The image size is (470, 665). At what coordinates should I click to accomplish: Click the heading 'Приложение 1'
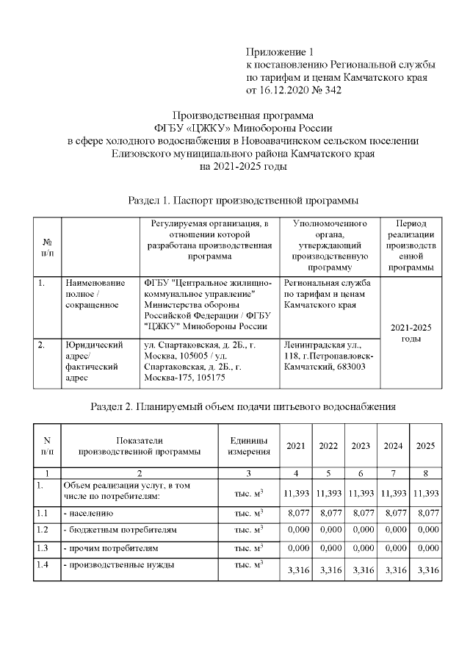(x=280, y=51)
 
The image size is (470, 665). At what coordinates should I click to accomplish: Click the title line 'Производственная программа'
(x=242, y=115)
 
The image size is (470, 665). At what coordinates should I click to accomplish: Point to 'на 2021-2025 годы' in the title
(x=243, y=166)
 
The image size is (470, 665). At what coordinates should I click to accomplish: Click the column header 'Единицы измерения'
(x=248, y=445)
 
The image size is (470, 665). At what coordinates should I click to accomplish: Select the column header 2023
(x=361, y=446)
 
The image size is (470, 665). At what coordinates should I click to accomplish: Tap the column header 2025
(x=426, y=446)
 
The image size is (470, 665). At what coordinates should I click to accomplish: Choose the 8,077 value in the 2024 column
(x=394, y=514)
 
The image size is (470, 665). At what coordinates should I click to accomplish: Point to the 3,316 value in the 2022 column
(x=328, y=570)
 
